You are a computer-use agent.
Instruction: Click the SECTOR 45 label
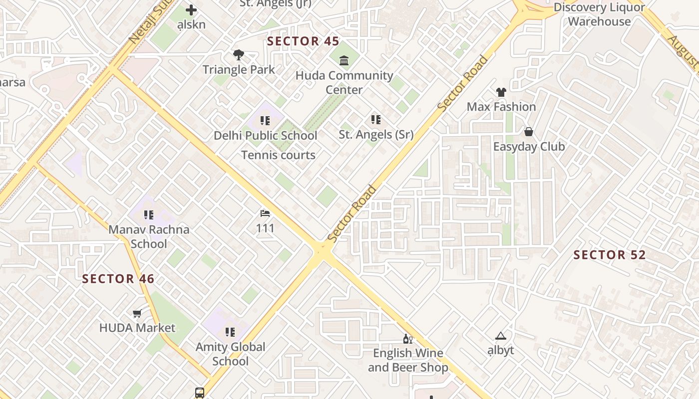[x=303, y=41]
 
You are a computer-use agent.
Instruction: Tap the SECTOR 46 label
[x=118, y=279]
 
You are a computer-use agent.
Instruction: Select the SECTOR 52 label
[x=610, y=255]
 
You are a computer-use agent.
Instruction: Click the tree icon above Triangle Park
[x=239, y=55]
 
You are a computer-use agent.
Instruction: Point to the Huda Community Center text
[x=344, y=83]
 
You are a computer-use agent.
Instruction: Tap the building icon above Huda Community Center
[x=344, y=61]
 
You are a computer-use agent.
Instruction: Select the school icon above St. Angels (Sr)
[x=376, y=120]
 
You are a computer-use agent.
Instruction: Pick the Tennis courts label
[x=278, y=155]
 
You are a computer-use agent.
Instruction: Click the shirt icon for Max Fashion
[x=501, y=92]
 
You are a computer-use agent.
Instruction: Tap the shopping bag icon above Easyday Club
[x=529, y=132]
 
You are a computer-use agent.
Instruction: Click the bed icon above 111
[x=265, y=214]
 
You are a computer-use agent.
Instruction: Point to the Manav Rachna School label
[x=149, y=237]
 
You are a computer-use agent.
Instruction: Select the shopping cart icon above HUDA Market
[x=137, y=313]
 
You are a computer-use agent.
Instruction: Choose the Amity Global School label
[x=230, y=354]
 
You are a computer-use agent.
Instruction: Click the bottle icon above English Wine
[x=408, y=339]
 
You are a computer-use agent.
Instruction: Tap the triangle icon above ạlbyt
[x=501, y=336]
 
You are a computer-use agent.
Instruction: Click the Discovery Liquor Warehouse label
[x=599, y=14]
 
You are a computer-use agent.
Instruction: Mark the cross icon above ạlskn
[x=191, y=10]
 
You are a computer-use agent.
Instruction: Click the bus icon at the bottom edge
[x=200, y=393]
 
